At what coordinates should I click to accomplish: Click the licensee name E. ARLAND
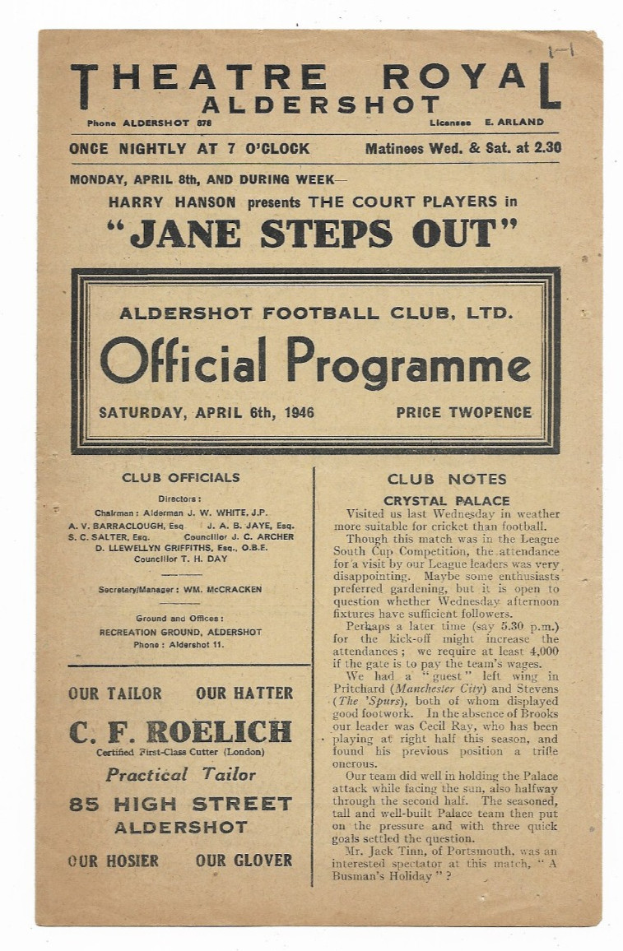(514, 123)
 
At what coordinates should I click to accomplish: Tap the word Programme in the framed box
(410, 363)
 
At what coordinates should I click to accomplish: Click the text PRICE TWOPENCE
(463, 413)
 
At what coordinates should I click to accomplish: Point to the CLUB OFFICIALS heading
(181, 478)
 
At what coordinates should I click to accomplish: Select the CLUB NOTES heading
(447, 480)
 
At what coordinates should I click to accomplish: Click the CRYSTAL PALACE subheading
(446, 500)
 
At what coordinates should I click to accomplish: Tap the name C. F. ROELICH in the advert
(180, 731)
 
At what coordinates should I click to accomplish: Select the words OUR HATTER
(244, 694)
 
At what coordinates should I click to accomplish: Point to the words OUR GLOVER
(244, 861)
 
